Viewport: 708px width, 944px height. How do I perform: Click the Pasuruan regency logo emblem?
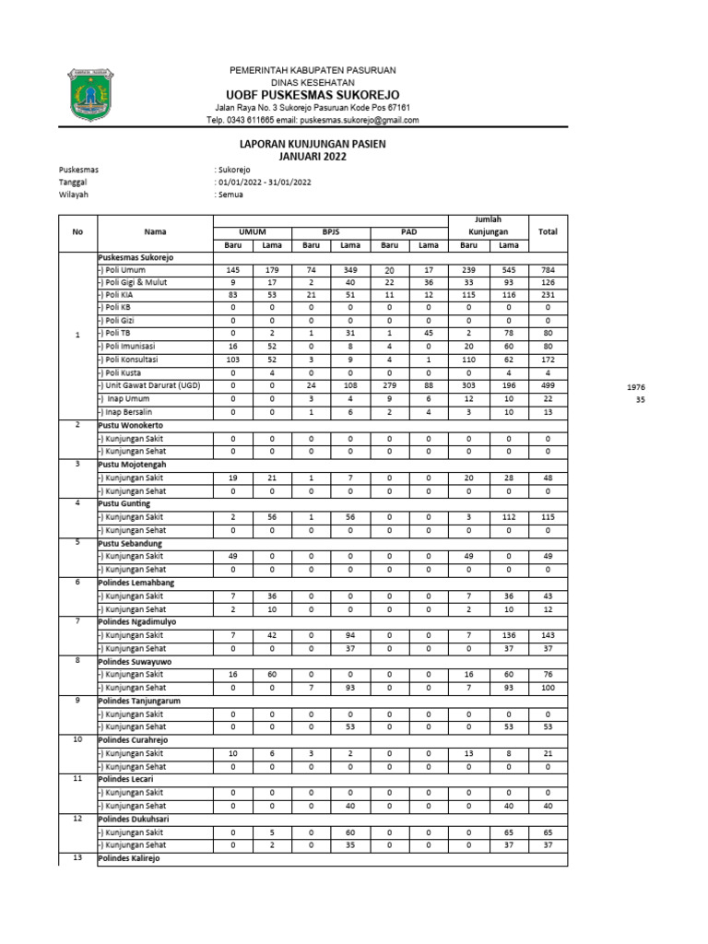88,93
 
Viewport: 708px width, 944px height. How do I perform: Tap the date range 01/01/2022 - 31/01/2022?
263,183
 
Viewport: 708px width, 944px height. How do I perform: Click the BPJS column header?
331,231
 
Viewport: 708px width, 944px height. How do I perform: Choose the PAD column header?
409,231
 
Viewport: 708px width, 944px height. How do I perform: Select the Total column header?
548,231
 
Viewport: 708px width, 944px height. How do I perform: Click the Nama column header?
155,231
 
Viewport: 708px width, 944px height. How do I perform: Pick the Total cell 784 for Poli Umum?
548,269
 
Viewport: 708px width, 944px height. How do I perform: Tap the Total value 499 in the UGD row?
548,385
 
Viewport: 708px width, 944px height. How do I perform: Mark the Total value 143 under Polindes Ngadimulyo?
548,636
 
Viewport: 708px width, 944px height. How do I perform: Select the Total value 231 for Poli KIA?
548,295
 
